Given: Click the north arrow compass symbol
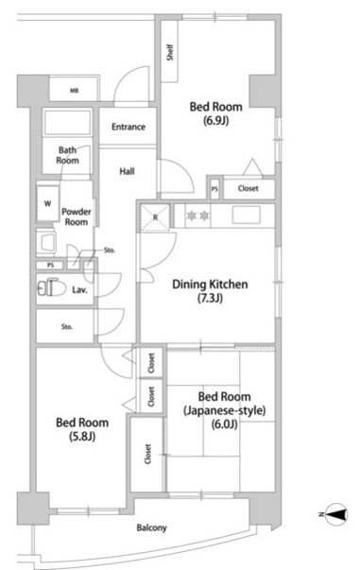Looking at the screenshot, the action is [x=335, y=514].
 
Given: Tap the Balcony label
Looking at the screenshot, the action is [x=151, y=527].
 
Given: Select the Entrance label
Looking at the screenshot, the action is [x=129, y=127].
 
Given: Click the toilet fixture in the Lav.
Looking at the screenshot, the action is [x=52, y=288].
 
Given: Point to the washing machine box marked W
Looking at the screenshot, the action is [x=48, y=203].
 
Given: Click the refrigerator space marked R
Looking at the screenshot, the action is [x=155, y=217].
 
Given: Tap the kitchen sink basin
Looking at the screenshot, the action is [x=246, y=215].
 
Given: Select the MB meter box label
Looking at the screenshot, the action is [x=74, y=91].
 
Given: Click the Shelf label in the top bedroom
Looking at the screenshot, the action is [x=170, y=53].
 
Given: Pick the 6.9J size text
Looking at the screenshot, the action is [x=215, y=121].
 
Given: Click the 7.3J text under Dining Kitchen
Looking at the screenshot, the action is [x=210, y=298].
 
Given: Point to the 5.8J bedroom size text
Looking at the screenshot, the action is [x=82, y=436].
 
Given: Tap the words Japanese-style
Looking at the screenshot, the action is [x=225, y=410].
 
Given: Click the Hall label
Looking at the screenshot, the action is [x=127, y=171].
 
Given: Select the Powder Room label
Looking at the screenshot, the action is [x=77, y=216].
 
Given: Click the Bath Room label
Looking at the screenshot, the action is [x=68, y=155].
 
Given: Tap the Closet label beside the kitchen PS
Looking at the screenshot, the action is [x=249, y=188].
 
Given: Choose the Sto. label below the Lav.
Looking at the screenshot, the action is [x=67, y=327].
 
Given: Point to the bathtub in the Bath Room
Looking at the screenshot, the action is [x=67, y=123].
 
